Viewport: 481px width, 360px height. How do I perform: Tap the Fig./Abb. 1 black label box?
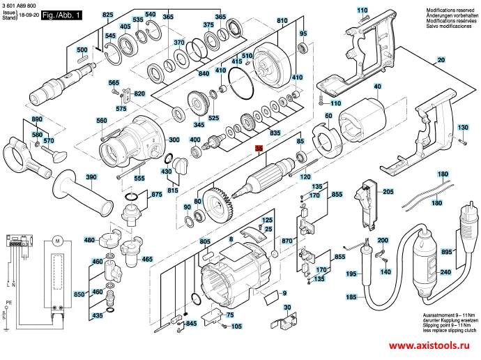61,15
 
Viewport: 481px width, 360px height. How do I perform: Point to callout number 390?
91,178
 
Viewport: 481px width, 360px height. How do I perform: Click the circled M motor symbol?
59,242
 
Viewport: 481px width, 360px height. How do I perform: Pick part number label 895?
464,251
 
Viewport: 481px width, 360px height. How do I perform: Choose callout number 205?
388,192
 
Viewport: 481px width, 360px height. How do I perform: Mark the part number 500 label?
82,50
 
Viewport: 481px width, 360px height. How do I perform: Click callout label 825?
107,15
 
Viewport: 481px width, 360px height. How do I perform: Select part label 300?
174,140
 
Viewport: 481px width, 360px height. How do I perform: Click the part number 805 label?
205,241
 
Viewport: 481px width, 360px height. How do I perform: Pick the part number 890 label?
37,119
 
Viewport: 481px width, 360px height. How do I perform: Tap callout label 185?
351,297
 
